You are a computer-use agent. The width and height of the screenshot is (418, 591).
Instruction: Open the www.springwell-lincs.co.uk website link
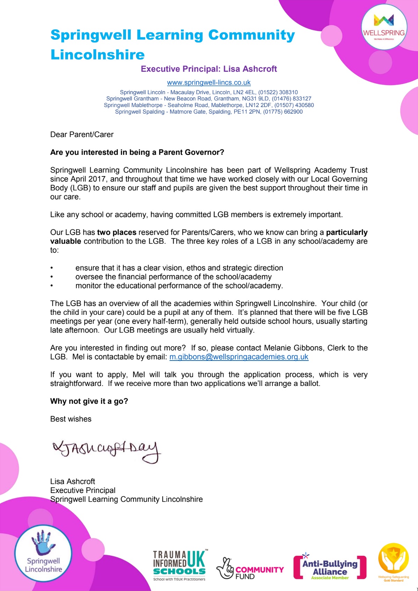pos(209,83)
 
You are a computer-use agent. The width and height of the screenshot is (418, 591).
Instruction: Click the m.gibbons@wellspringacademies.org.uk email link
pos(239,357)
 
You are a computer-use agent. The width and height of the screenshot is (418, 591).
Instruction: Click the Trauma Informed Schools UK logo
pos(180,565)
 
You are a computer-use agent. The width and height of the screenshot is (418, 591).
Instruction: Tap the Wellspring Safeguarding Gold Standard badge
pos(393,562)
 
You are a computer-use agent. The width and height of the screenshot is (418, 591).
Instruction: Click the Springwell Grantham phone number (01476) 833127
pos(292,99)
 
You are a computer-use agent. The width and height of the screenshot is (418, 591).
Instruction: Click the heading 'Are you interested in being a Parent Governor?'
pos(137,152)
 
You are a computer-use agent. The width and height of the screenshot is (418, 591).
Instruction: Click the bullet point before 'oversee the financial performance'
pos(52,277)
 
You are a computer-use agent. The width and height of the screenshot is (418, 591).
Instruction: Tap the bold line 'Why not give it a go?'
pos(89,401)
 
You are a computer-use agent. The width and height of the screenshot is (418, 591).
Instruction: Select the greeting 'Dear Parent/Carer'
pos(82,135)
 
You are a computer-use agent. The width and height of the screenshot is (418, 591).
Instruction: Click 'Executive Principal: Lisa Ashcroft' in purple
pos(209,69)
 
